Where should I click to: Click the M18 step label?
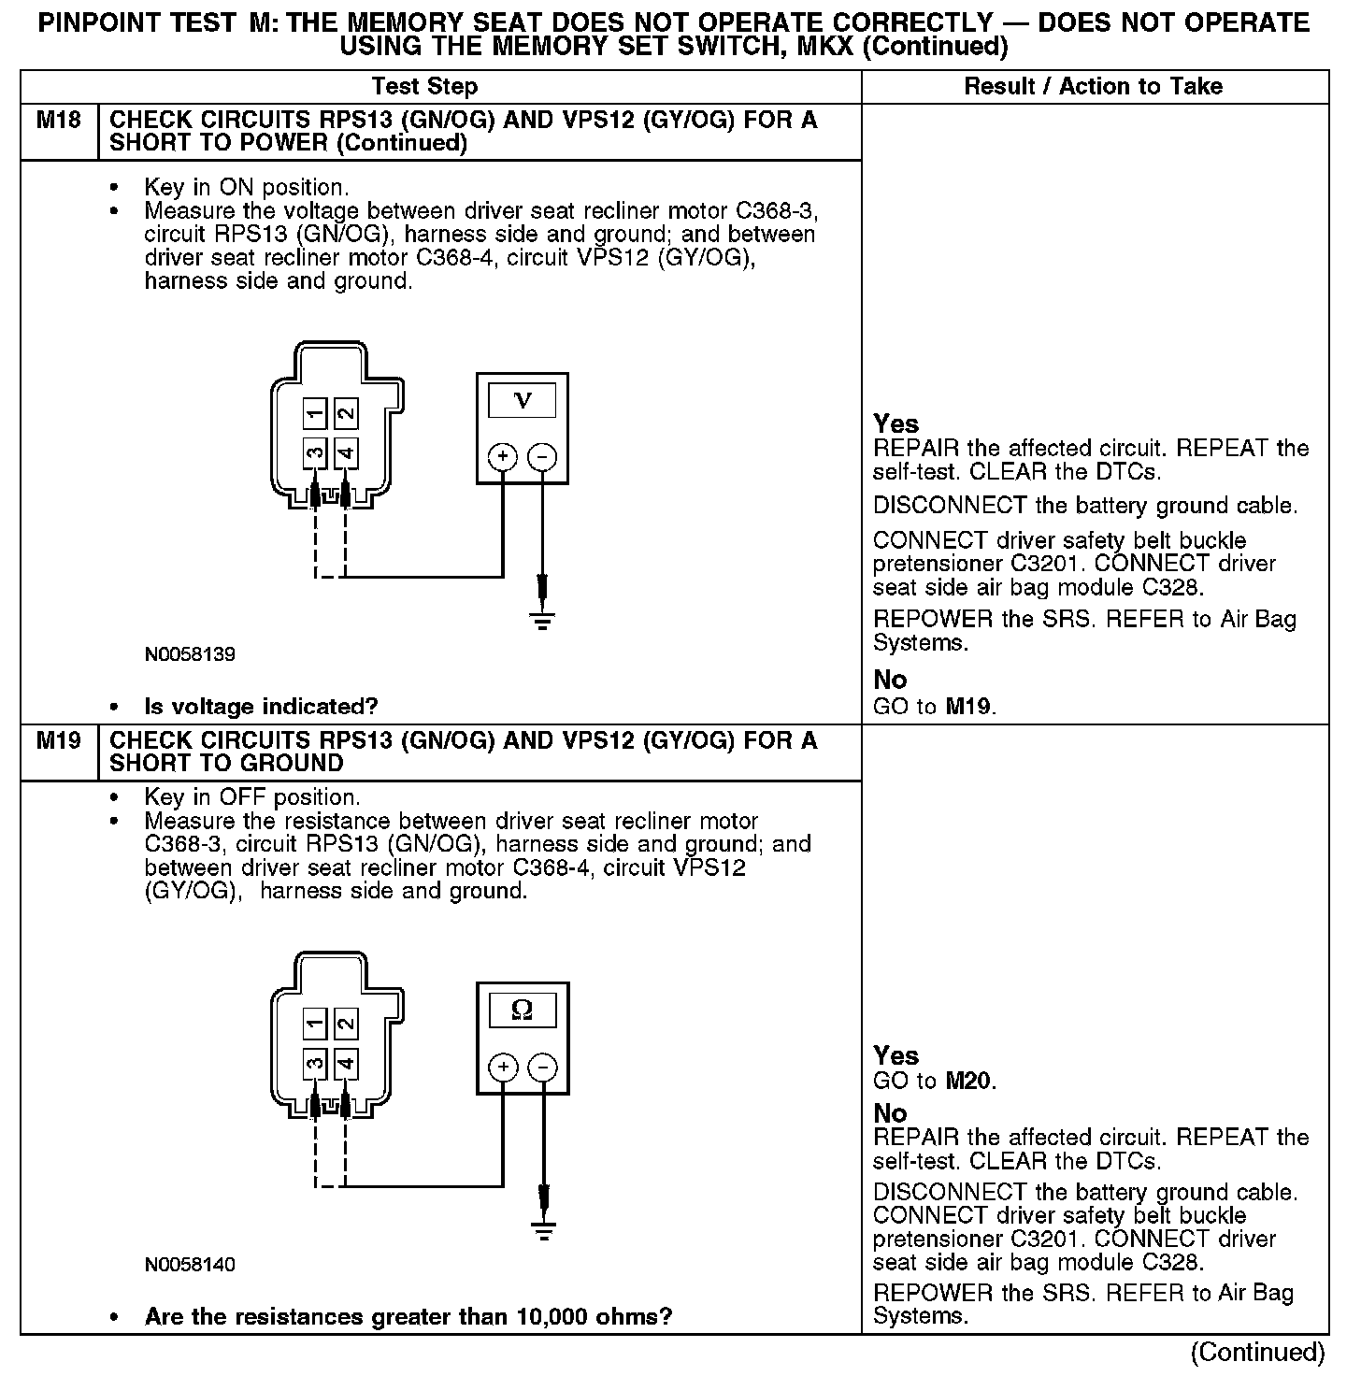tap(58, 121)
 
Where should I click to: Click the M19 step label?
tap(58, 741)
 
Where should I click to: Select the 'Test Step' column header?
tap(424, 87)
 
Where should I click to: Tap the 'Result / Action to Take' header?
tap(1093, 87)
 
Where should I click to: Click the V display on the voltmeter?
tap(523, 401)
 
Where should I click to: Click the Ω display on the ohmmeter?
tap(523, 1010)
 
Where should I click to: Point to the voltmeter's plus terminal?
tap(503, 457)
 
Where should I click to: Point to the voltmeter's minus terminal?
tap(542, 457)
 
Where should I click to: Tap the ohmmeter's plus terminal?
tap(503, 1068)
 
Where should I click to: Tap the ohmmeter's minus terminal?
tap(542, 1068)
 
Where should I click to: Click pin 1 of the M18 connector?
tap(315, 413)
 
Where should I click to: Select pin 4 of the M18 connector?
tap(346, 454)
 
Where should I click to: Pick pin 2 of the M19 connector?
tap(346, 1024)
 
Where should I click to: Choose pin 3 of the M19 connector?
tap(315, 1064)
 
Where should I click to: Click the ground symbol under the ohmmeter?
tap(543, 1229)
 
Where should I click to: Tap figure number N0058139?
tap(190, 654)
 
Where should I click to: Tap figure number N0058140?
tap(190, 1265)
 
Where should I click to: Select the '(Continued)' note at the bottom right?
tap(1256, 1352)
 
